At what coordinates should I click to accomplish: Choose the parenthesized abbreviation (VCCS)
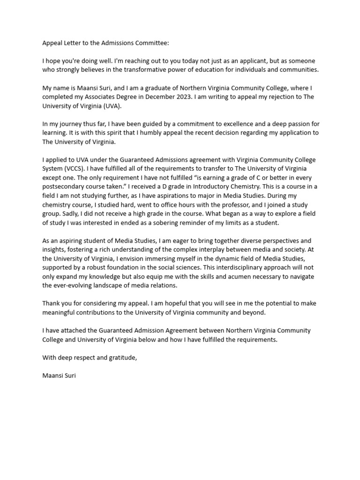[77, 169]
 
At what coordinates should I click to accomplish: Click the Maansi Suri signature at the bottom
[59, 375]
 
